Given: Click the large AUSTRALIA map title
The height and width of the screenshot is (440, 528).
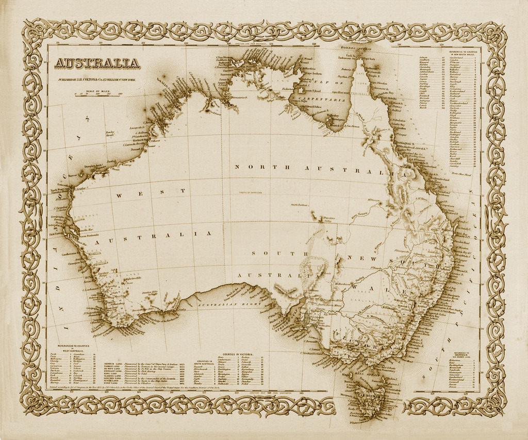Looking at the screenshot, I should [97, 63].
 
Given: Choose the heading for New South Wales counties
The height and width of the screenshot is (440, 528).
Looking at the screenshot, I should [463, 53].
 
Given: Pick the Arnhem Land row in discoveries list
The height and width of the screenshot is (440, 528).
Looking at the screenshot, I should [112, 364].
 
